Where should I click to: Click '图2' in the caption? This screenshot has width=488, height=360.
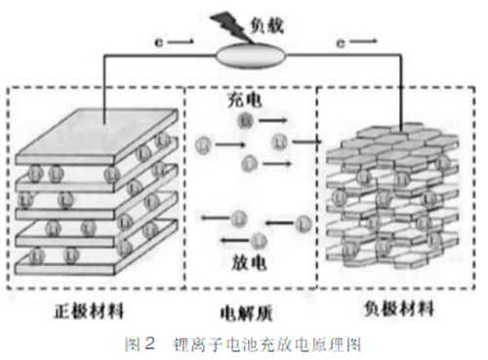coord(142,344)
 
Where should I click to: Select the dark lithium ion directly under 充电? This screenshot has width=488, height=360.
coord(246,120)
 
